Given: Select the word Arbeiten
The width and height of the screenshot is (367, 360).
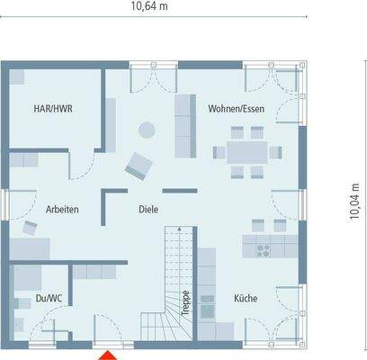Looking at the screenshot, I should click(62, 209).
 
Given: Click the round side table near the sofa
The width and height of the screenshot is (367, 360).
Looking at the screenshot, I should click(143, 130).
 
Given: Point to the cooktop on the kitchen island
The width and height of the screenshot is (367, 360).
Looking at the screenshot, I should click(265, 246).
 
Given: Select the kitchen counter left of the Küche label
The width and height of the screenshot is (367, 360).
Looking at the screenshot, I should click(207, 283).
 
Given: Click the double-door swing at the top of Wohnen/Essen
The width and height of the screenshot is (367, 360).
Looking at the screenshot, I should click(149, 79).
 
